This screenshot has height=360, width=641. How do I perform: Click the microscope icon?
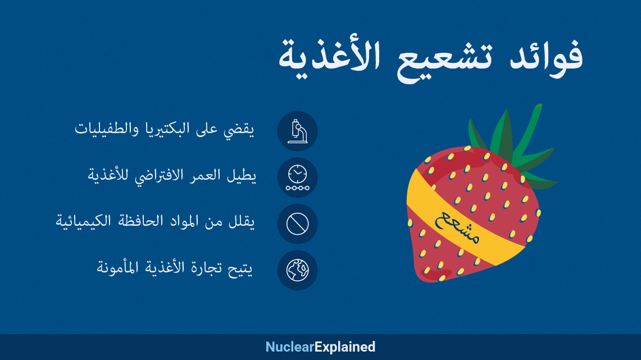[x=297, y=131]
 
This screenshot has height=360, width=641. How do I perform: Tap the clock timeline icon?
[x=297, y=177]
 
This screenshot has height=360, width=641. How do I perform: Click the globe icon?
[x=297, y=270]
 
